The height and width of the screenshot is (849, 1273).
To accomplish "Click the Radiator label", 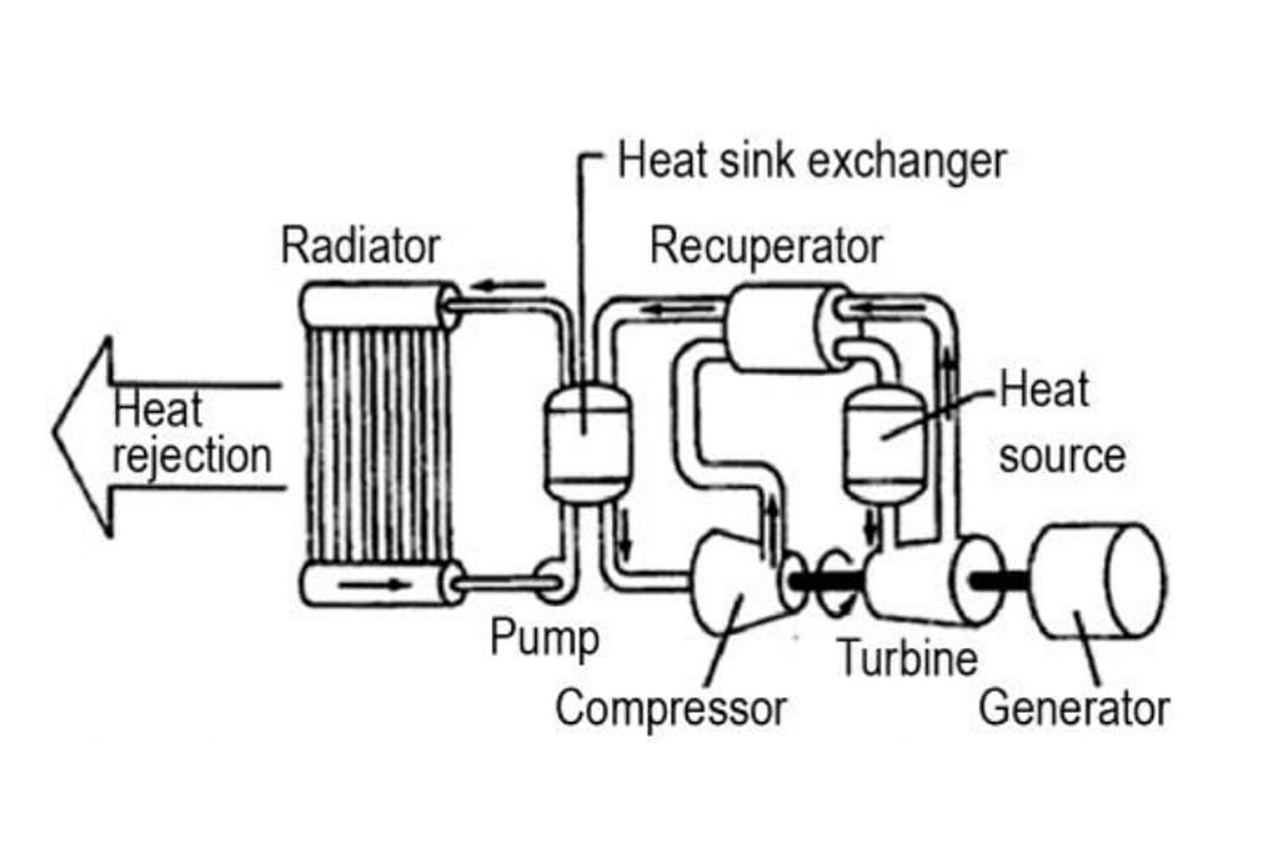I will tap(361, 246).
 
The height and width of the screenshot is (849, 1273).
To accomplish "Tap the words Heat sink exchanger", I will tap(811, 161).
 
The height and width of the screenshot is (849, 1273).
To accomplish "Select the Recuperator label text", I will tap(766, 246).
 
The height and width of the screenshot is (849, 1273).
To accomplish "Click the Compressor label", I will tap(670, 708).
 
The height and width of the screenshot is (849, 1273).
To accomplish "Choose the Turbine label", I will tap(907, 658).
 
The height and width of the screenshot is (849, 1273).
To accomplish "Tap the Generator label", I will tap(1074, 708).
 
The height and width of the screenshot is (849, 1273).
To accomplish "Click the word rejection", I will tap(192, 457).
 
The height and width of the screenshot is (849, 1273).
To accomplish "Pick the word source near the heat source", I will tap(1062, 457).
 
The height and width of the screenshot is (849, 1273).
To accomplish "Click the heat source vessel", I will tap(883, 441).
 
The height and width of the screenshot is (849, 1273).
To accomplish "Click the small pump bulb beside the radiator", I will tap(552, 582).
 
